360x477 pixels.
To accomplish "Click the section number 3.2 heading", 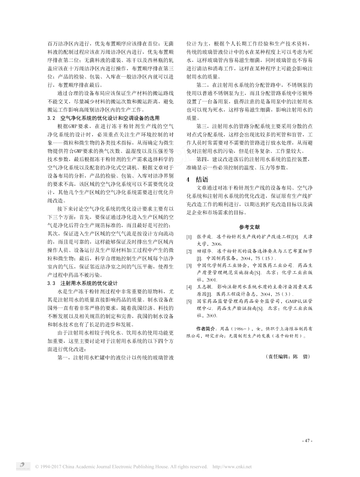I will pyautogui.click(x=52, y=118).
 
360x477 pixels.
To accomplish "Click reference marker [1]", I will pyautogui.click(x=189, y=237).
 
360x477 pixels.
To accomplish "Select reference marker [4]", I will pyautogui.click(x=189, y=286).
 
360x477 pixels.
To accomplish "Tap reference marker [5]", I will pyautogui.click(x=189, y=301).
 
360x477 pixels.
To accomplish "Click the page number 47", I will pyautogui.click(x=307, y=441).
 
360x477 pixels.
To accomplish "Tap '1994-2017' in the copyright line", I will pyautogui.click(x=52, y=467).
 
